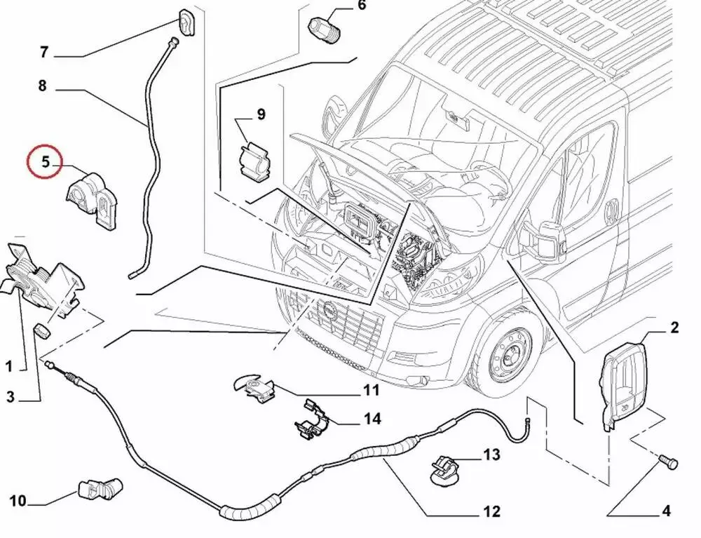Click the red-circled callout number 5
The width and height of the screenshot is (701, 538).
coord(45,162)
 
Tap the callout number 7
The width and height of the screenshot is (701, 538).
coord(43,52)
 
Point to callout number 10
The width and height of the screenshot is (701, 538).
coord(18,501)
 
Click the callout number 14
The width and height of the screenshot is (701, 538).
coord(372,419)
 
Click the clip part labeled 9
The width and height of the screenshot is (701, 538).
coord(253,163)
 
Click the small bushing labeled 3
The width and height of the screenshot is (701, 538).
coord(43,330)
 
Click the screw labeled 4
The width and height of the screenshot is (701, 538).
coord(667,462)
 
